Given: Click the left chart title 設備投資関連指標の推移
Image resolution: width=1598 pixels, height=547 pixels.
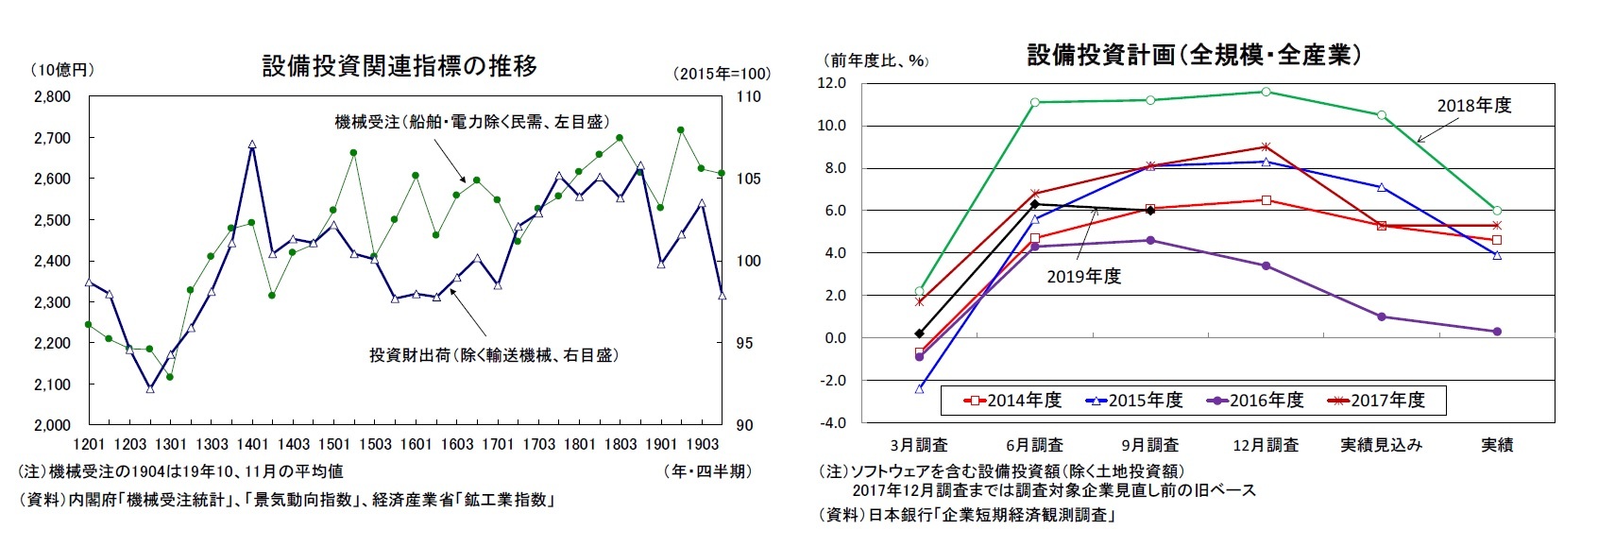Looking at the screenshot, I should click(x=399, y=66).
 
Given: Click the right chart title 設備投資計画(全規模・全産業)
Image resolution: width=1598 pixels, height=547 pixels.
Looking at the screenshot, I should click(x=1194, y=55).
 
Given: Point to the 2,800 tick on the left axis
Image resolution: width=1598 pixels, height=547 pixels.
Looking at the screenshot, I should click(x=52, y=96).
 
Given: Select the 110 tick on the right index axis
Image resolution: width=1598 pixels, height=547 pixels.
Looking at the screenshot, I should click(x=747, y=96).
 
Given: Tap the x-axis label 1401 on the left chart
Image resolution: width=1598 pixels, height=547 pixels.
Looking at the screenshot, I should click(x=252, y=444).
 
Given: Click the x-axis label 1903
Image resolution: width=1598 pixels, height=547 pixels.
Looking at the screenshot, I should click(x=701, y=444).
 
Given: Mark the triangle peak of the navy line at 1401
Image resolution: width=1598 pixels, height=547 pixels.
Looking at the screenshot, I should click(x=252, y=145).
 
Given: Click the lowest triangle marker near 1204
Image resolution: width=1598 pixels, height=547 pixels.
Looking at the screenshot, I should click(x=150, y=388).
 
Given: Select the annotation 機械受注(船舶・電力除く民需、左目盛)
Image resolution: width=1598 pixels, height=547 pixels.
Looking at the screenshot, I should click(x=471, y=122).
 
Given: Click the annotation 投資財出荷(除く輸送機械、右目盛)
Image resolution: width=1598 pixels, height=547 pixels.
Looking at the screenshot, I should click(x=493, y=355).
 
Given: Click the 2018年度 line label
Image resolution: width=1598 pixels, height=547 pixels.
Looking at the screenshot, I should click(x=1473, y=106).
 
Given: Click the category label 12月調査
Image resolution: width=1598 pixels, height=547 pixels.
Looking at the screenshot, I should click(x=1266, y=444).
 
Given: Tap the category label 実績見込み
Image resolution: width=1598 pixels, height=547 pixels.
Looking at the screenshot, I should click(x=1381, y=444).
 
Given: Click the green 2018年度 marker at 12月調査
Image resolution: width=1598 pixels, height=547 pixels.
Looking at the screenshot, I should click(x=1266, y=92).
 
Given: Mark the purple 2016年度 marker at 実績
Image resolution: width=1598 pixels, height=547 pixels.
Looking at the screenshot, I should click(x=1497, y=332).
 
